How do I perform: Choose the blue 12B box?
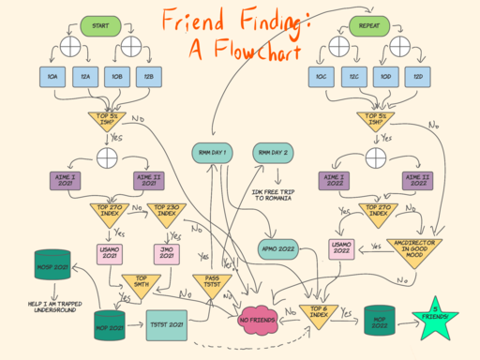(x=145, y=76)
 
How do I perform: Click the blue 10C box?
(x=322, y=76)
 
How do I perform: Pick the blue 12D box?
(x=418, y=76)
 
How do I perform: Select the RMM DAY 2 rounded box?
(x=275, y=152)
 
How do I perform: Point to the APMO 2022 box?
(x=279, y=248)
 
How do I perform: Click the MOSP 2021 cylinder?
(x=110, y=323)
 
